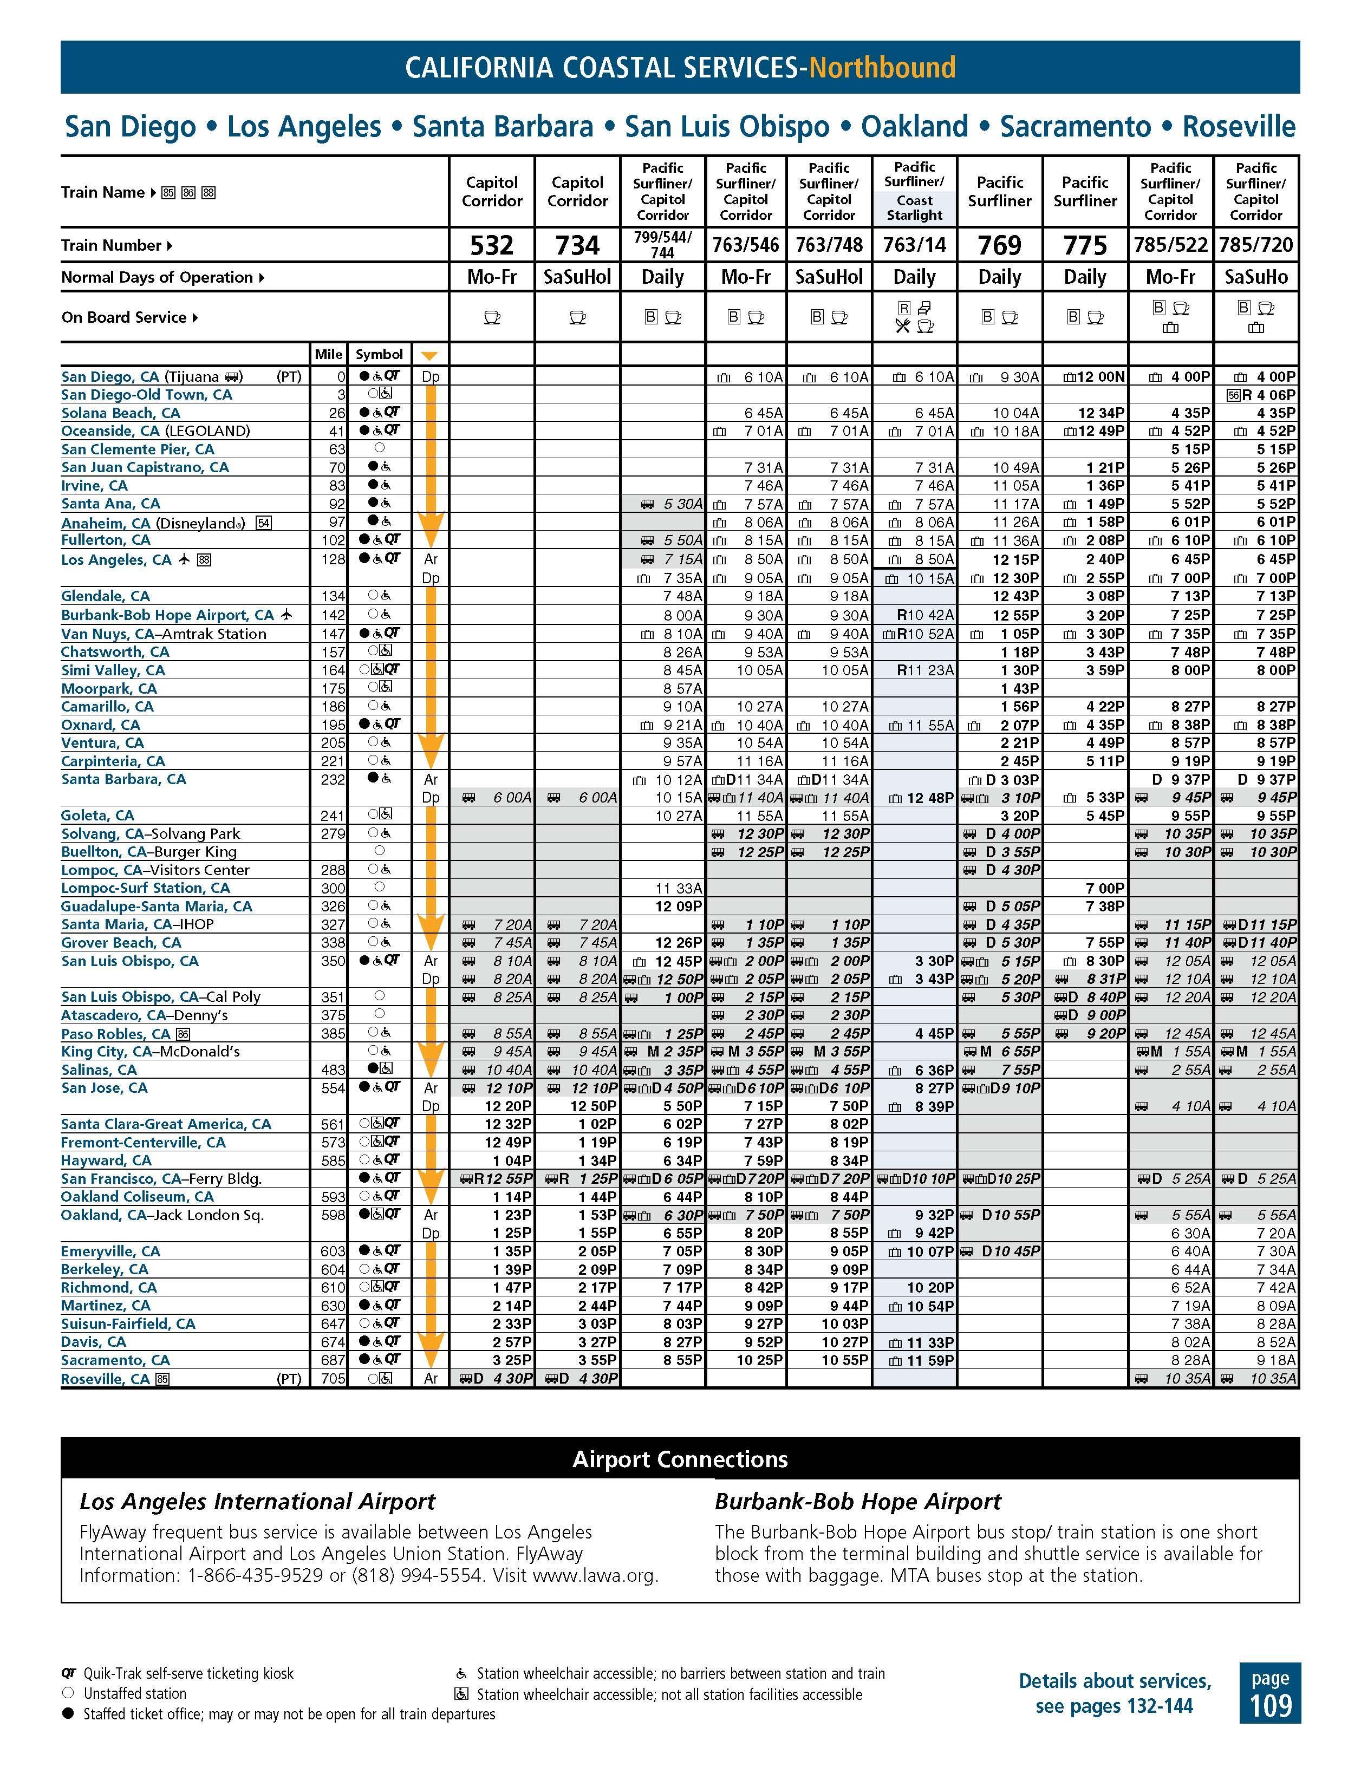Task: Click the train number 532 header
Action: (x=491, y=244)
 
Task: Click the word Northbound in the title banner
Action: (x=882, y=67)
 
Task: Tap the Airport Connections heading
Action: (x=680, y=1459)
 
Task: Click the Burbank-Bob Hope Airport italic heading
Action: (x=858, y=1502)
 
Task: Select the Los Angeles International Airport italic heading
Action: (x=257, y=1502)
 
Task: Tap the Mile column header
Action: (x=329, y=354)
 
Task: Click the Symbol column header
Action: (x=379, y=354)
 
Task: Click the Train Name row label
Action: (x=102, y=193)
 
